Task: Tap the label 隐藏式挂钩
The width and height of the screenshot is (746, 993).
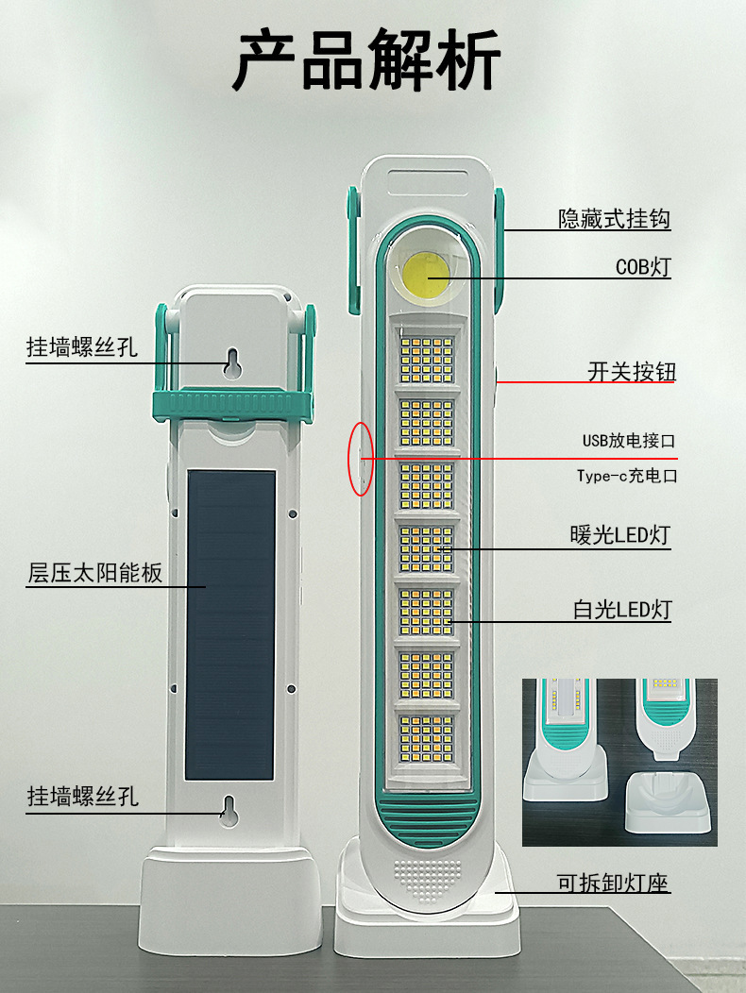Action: (x=614, y=219)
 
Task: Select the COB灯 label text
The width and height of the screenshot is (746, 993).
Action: (x=642, y=267)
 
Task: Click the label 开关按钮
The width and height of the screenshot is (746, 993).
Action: (x=631, y=372)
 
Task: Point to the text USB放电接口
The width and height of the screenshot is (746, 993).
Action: (x=629, y=440)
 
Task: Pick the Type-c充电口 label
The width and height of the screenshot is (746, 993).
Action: (x=627, y=476)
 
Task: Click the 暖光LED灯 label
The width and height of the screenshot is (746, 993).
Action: (x=619, y=535)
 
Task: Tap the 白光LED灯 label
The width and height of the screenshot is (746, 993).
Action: (x=621, y=610)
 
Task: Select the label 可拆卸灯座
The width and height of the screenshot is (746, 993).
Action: (x=612, y=884)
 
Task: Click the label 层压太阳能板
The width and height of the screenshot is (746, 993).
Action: (x=94, y=573)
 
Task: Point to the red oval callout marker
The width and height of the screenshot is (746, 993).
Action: (x=360, y=459)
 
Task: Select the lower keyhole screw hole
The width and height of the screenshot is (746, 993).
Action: (x=228, y=809)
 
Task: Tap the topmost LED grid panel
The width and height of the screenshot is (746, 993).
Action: (x=427, y=359)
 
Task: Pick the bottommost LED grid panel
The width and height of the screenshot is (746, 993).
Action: (x=427, y=737)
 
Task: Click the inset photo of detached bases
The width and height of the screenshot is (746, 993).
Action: (x=619, y=763)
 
